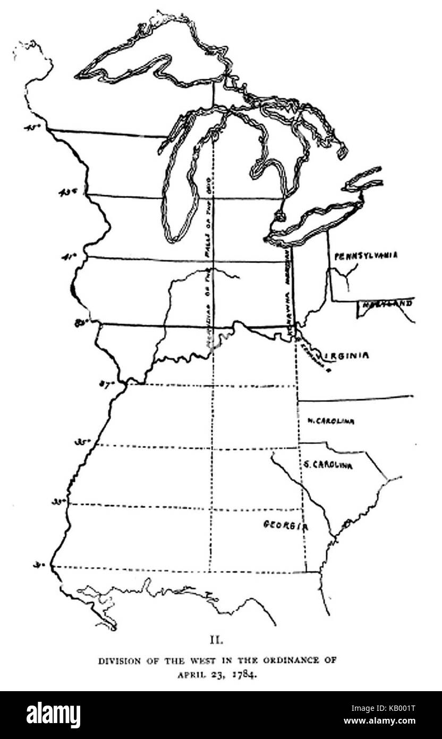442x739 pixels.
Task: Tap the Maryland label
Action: (387, 304)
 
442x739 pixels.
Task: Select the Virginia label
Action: (345, 356)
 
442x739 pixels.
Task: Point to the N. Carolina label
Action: (330, 422)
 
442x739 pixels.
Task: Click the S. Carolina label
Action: (327, 465)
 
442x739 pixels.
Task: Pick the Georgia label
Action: (286, 525)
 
